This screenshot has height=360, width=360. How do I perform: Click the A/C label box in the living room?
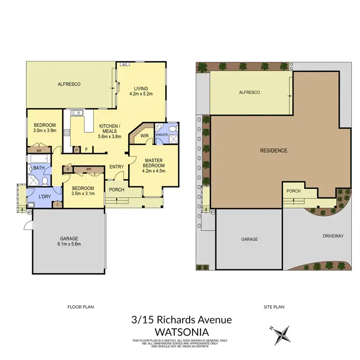coord(124,64)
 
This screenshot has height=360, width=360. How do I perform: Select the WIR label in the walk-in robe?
coord(144,135)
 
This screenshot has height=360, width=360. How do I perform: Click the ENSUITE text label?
coord(162,135)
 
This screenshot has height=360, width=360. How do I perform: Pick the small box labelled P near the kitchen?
coord(77,149)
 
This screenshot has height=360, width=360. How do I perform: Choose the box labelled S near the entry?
coord(68,168)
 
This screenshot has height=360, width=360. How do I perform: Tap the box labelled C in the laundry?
coord(58,204)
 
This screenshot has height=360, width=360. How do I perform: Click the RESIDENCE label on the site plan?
coord(274,151)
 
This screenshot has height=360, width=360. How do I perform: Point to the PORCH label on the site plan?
coord(293,191)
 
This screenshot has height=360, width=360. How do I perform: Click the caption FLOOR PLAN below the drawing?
coord(81,306)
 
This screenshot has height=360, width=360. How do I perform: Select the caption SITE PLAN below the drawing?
coord(272,306)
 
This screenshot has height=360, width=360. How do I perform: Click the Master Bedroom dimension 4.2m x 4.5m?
coord(154,170)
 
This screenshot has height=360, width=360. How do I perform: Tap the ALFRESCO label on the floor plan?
coord(69,84)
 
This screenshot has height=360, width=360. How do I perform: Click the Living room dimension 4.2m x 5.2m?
coord(141,94)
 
